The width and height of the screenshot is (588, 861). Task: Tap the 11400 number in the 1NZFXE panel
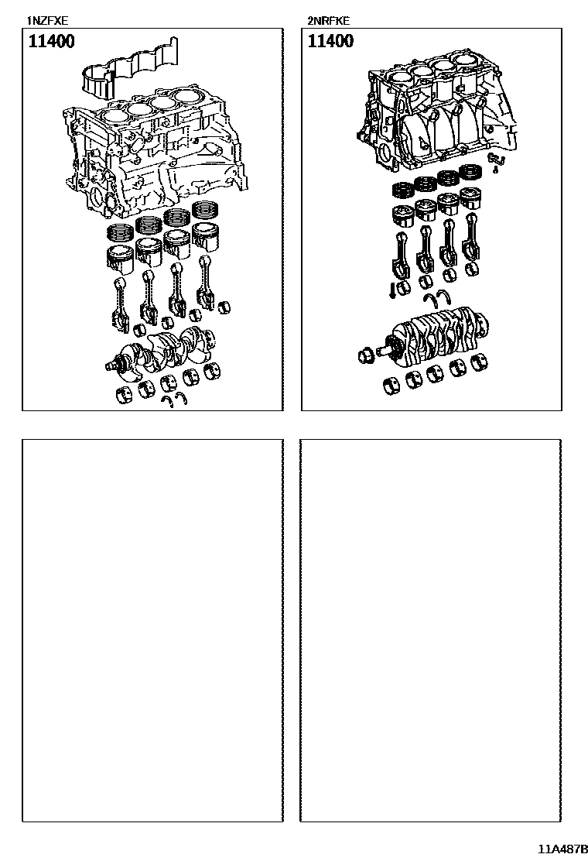coord(52,42)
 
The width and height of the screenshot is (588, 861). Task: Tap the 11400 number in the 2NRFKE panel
coord(330,42)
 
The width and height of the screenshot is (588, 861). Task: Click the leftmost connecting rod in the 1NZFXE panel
coord(120,302)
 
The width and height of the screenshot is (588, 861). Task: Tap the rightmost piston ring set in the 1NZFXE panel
coord(207,211)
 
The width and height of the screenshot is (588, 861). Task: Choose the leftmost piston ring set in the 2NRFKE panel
coord(402,190)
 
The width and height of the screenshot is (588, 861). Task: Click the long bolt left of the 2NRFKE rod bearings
coord(393,290)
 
